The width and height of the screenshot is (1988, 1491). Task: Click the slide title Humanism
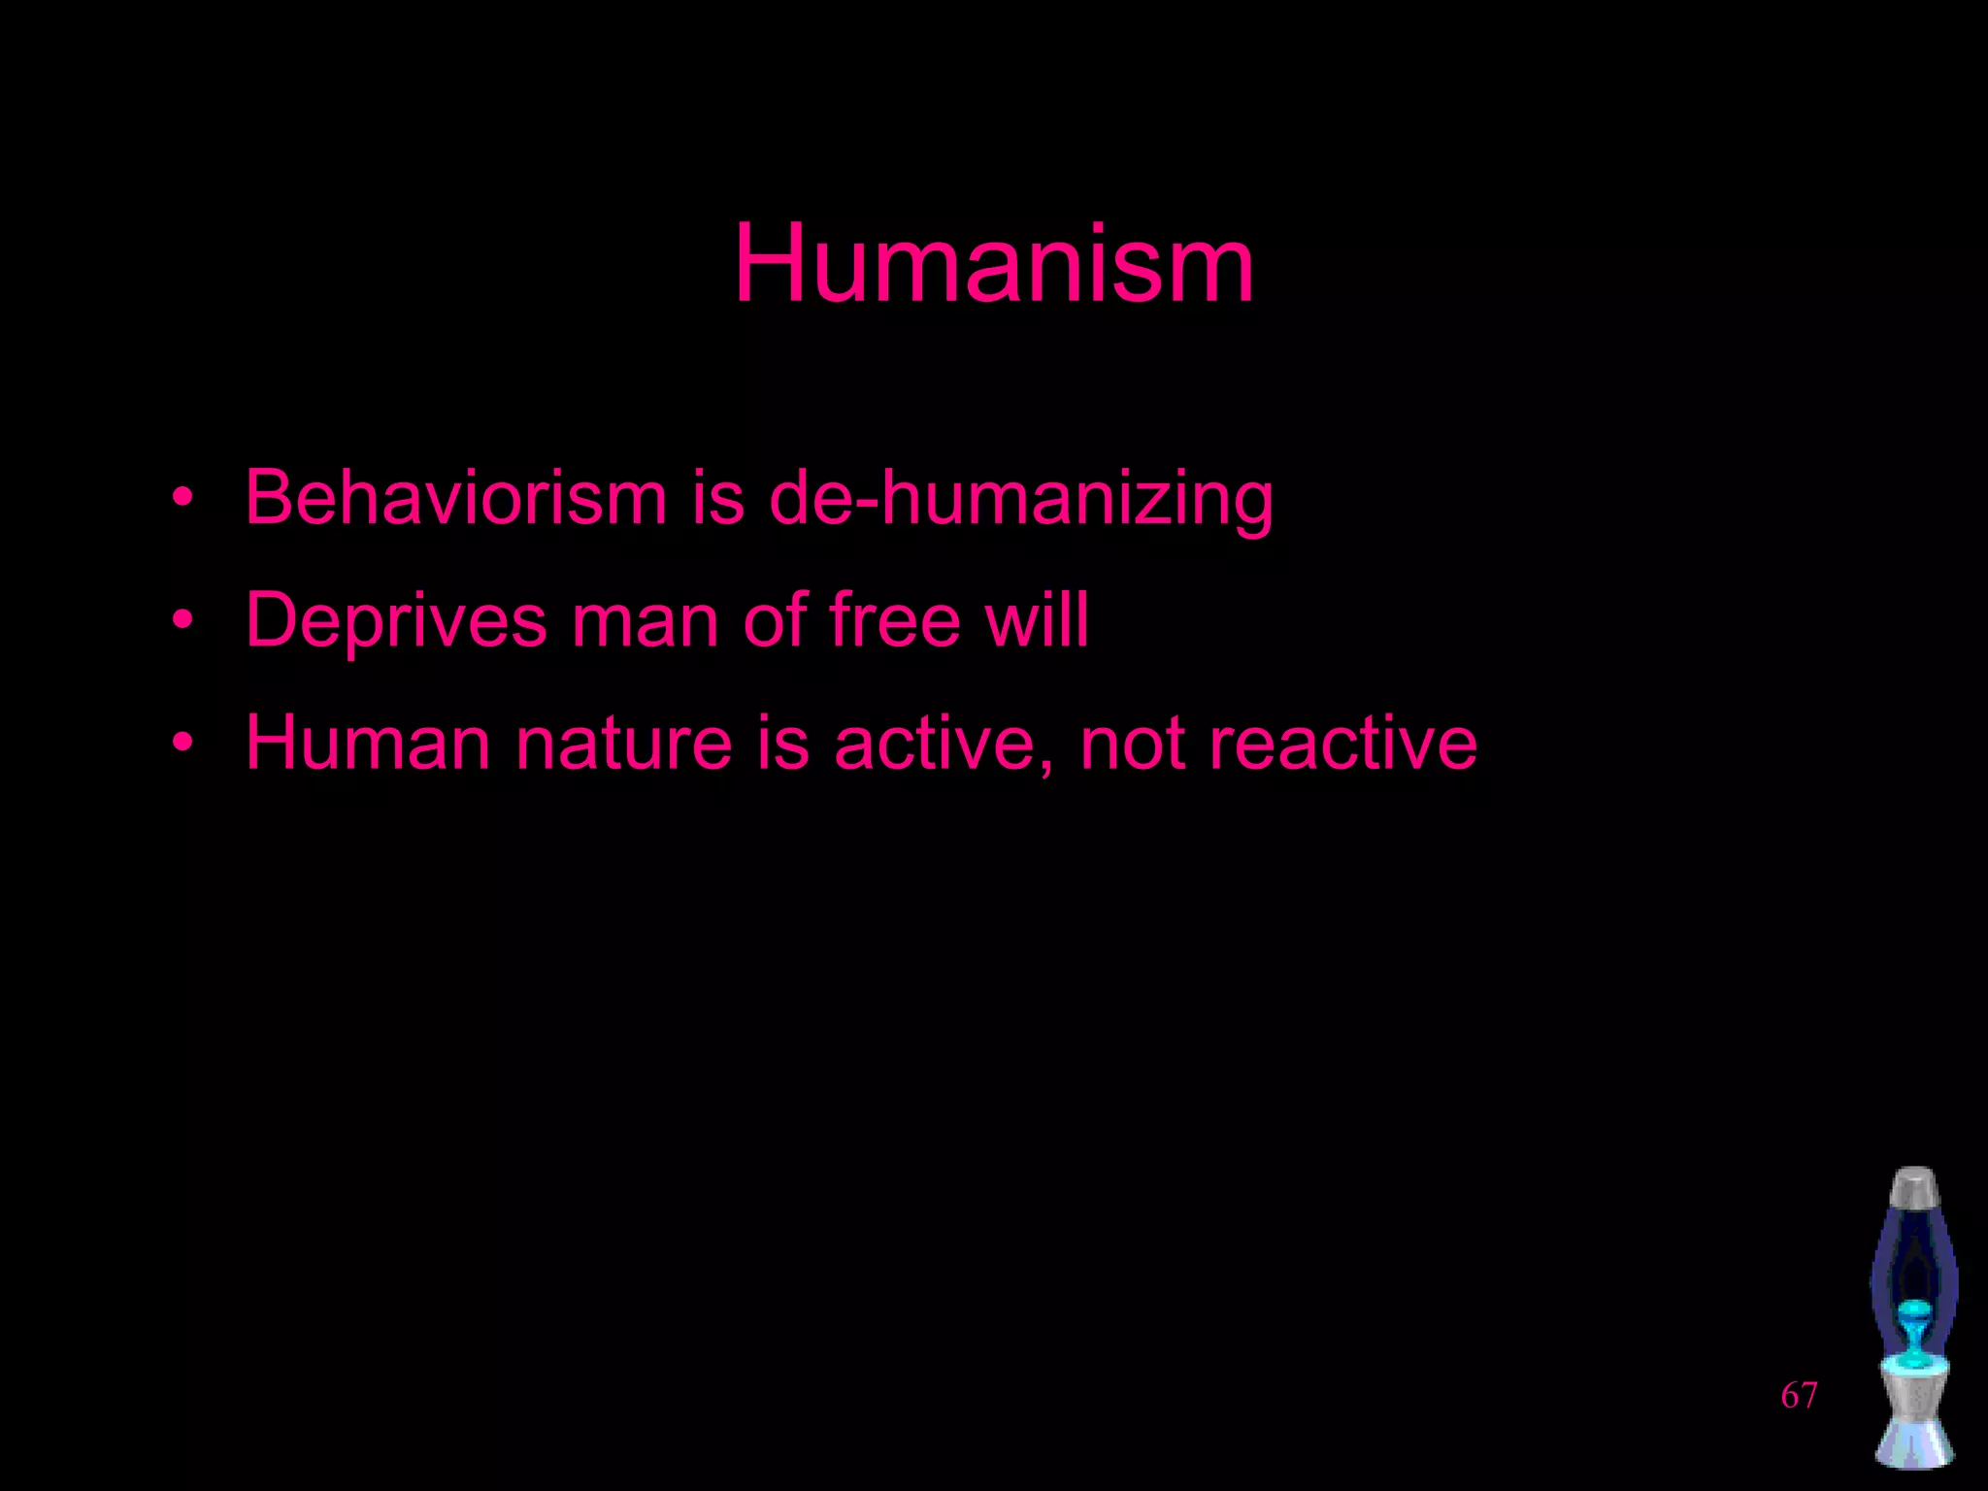click(x=993, y=264)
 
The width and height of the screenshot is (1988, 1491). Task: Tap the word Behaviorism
click(x=455, y=498)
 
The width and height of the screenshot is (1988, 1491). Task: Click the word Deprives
click(x=396, y=621)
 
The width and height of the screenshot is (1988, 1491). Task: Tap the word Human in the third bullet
click(x=367, y=744)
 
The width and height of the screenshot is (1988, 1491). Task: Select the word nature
click(x=623, y=744)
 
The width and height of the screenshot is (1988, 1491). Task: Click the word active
click(x=931, y=744)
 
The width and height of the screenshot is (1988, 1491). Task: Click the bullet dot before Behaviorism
click(x=182, y=499)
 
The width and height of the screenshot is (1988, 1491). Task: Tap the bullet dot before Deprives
click(x=182, y=621)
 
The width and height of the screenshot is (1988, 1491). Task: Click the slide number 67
click(x=1799, y=1396)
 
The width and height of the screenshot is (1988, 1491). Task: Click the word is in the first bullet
click(x=717, y=498)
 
